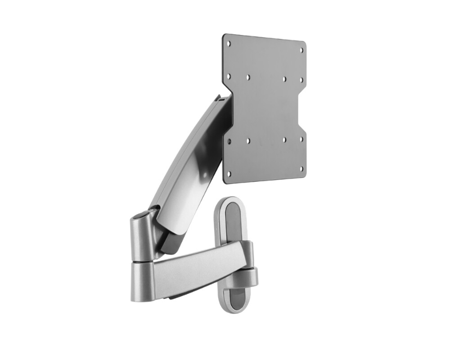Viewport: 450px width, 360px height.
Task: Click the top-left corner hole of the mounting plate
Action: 229,44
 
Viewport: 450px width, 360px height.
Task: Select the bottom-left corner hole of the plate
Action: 229,173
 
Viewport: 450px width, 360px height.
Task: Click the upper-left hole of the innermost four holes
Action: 248,77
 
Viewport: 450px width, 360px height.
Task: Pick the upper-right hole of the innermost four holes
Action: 284,79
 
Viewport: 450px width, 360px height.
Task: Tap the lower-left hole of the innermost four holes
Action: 248,141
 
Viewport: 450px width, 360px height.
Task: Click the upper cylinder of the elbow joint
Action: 142,238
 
